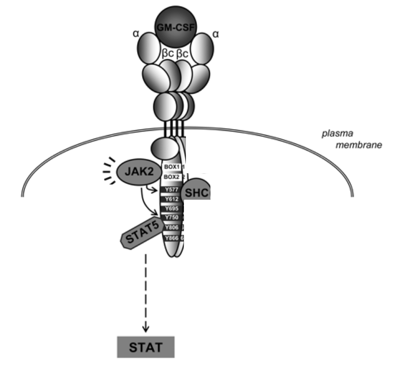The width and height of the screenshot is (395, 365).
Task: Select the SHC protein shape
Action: [197, 193]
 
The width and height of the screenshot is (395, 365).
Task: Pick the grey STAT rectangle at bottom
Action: [146, 347]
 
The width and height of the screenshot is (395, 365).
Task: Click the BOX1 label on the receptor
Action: [172, 167]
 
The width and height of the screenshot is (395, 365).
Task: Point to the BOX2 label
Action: [172, 177]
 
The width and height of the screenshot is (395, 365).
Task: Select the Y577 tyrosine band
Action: [171, 190]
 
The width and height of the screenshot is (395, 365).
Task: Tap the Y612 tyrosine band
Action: [171, 199]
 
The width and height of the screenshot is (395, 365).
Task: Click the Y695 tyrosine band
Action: [171, 209]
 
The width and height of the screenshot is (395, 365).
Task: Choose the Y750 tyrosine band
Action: [171, 218]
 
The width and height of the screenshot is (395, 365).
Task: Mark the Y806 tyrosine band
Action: [171, 228]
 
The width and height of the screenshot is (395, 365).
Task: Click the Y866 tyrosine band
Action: [171, 238]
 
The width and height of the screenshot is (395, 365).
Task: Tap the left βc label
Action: [168, 53]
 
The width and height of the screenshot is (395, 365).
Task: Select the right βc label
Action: [182, 53]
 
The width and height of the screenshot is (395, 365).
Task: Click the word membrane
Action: [359, 145]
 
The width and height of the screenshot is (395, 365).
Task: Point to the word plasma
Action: [333, 134]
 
